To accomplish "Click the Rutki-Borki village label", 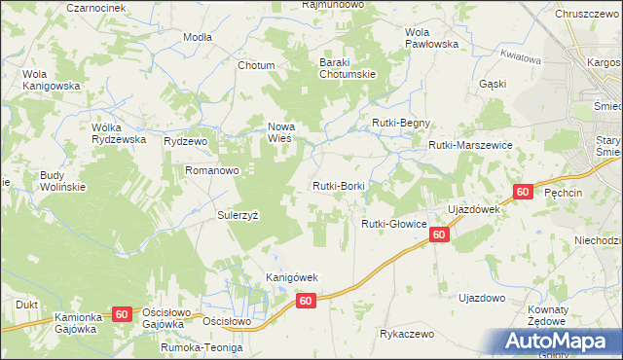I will [x=338, y=185].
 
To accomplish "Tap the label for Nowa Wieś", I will [x=281, y=131].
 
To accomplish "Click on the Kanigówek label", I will [x=293, y=277].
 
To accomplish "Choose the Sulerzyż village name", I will [x=237, y=215].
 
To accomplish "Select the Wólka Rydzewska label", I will [x=119, y=132].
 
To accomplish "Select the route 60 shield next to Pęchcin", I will [x=523, y=192].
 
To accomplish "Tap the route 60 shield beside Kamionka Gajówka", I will [x=122, y=313].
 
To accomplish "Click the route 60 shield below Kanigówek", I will [x=306, y=302].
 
